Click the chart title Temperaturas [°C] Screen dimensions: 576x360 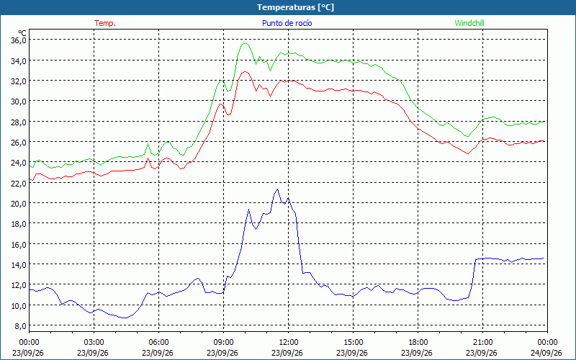(295, 7)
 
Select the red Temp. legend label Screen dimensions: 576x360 (105, 23)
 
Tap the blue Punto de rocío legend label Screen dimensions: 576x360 (287, 23)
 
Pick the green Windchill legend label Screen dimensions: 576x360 (469, 23)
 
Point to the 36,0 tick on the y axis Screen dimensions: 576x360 (19, 40)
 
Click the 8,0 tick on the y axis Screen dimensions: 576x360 (20, 326)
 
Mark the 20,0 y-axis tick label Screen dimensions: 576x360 (19, 204)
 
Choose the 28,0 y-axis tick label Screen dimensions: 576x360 (19, 122)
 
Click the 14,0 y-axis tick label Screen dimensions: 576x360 (19, 264)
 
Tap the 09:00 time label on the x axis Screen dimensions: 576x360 (223, 343)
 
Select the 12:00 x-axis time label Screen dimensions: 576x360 (289, 343)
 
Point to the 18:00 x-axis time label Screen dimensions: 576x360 (418, 343)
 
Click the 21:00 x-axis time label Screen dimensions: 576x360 (482, 343)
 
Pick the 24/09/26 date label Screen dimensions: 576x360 (546, 353)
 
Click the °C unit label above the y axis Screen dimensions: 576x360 (22, 33)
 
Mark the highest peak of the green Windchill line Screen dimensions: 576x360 (246, 43)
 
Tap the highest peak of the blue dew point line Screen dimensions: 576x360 (277, 189)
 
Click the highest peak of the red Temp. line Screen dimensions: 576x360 (246, 71)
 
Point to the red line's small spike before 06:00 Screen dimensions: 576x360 (148, 158)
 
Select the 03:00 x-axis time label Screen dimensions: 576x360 (94, 343)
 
